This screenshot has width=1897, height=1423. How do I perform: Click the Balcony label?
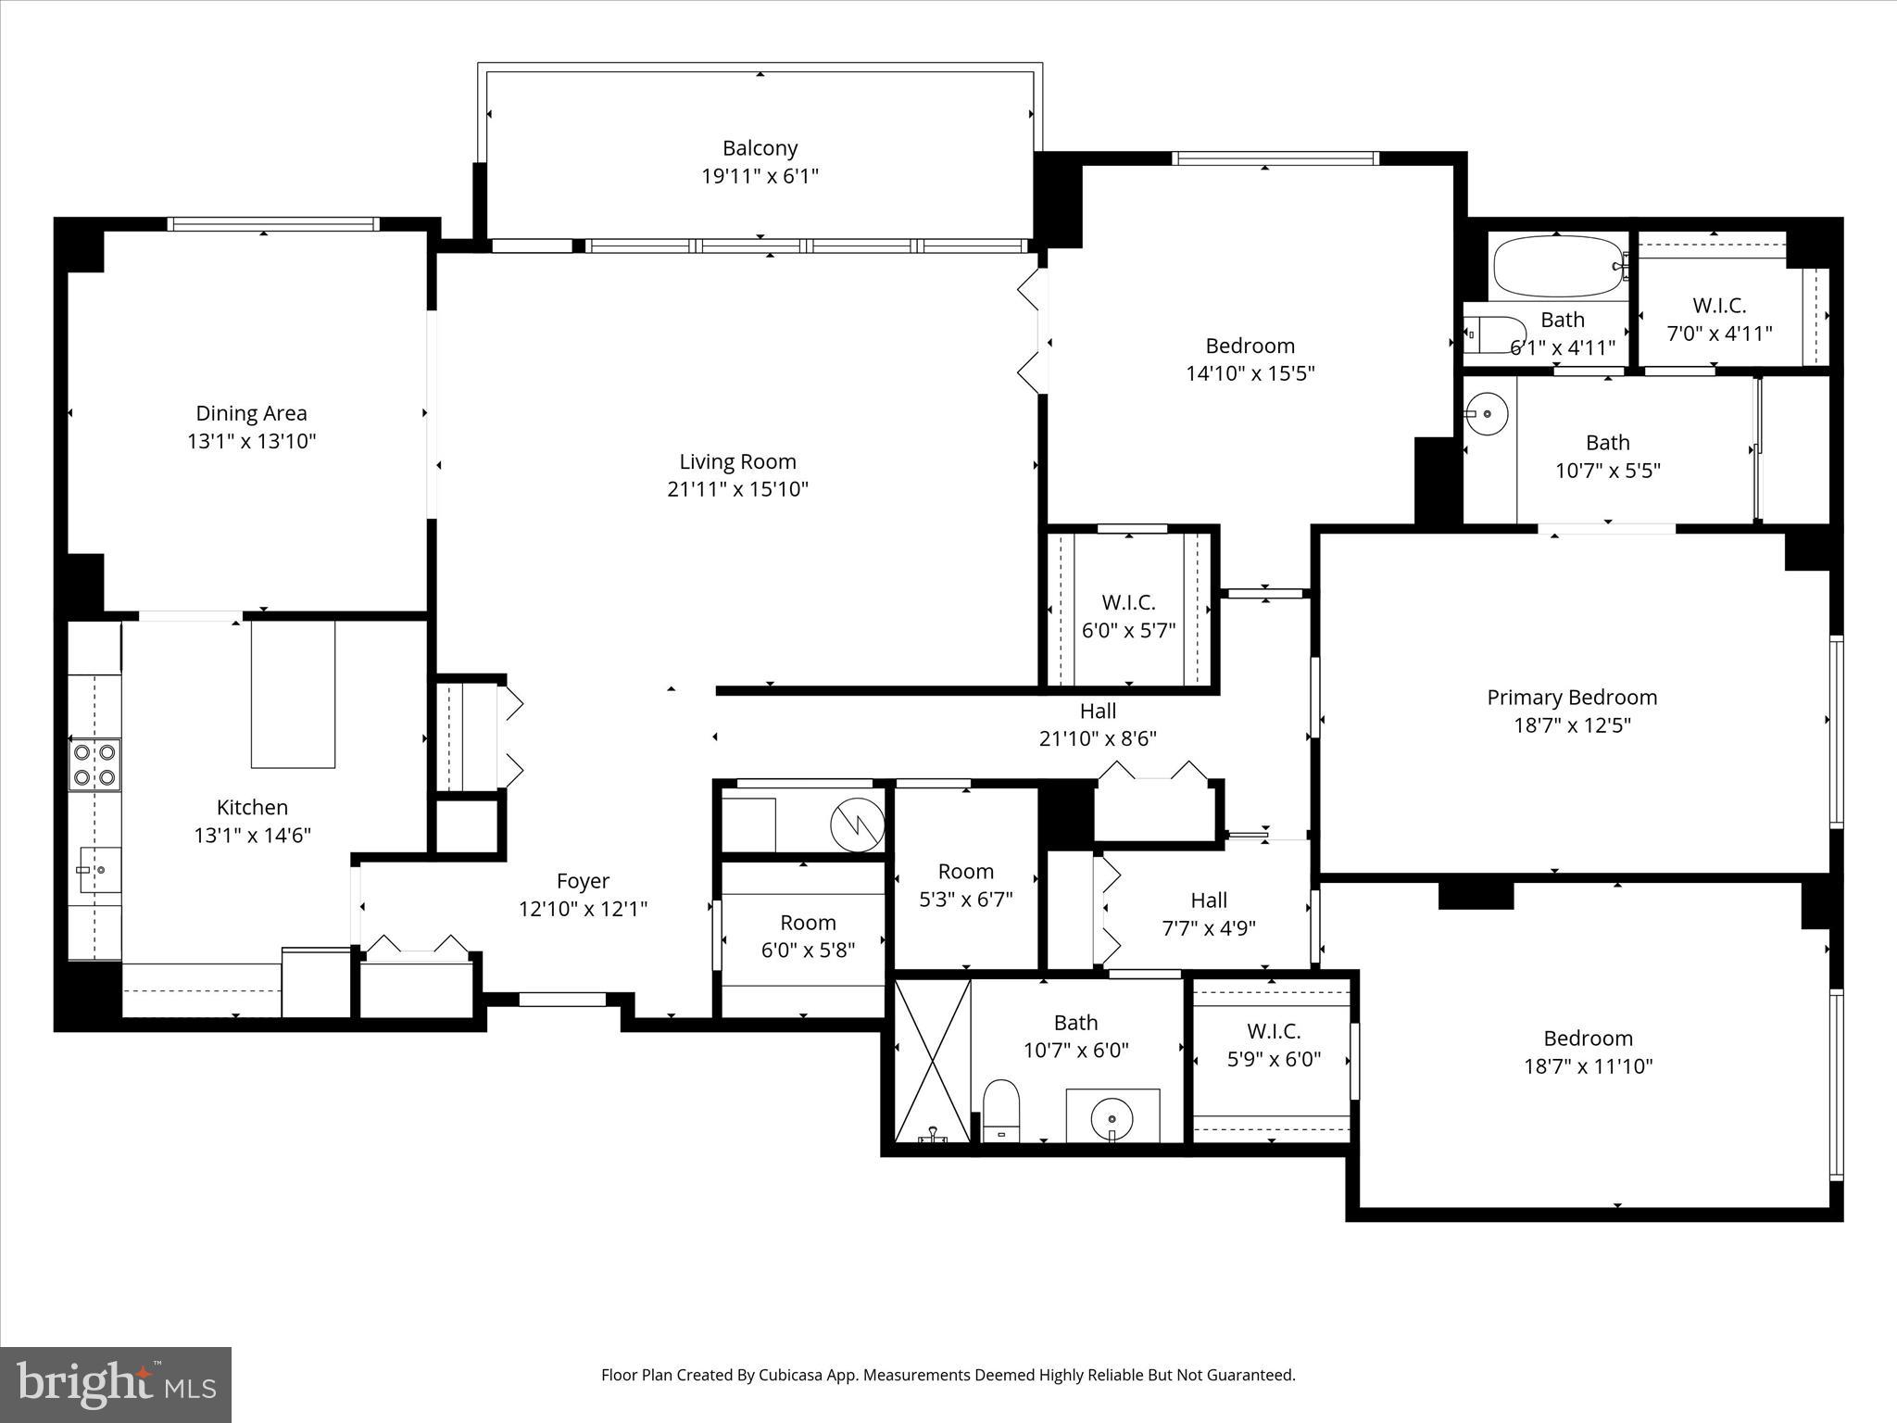pos(760,148)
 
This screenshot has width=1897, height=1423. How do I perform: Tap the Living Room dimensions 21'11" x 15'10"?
pos(737,489)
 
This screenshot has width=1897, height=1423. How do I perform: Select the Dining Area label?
pos(251,413)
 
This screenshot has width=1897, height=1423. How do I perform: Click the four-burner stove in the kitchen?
pos(95,764)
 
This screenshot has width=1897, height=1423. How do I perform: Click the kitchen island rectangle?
pos(293,694)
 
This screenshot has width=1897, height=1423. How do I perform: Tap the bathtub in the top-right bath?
pos(1558,266)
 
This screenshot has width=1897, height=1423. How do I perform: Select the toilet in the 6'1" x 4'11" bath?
pos(1493,334)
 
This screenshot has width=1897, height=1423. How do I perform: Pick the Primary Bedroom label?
pos(1572,698)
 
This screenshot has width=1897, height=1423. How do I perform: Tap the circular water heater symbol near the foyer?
pos(857,824)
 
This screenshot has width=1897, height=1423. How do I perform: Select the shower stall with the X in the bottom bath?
pos(932,1062)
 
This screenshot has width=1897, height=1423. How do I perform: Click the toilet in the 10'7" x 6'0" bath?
pos(1000,1108)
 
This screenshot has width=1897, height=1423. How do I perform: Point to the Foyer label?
pos(583,881)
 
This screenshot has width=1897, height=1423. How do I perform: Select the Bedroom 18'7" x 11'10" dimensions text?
pos(1588,1066)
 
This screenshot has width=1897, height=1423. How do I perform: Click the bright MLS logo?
pos(116,1384)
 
